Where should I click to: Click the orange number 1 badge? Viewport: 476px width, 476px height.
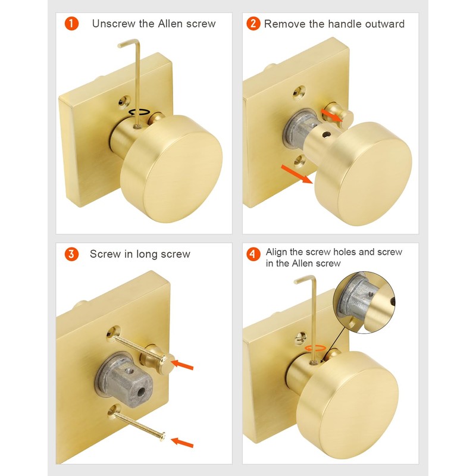[x=71, y=24]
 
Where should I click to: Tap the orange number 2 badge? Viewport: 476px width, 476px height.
[x=253, y=24]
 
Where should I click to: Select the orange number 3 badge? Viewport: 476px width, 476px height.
[x=71, y=254]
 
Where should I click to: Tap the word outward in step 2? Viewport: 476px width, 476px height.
[x=384, y=24]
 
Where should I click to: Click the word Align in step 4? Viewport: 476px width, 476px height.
[x=278, y=252]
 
